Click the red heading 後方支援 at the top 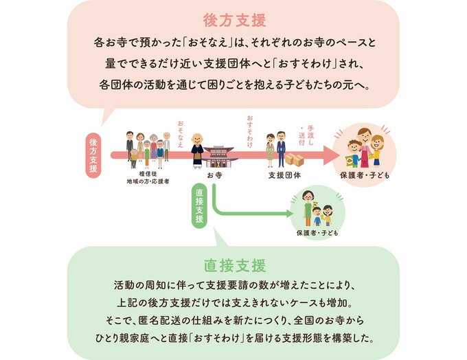click(233, 19)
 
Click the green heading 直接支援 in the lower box click(233, 265)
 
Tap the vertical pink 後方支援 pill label click(93, 154)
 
